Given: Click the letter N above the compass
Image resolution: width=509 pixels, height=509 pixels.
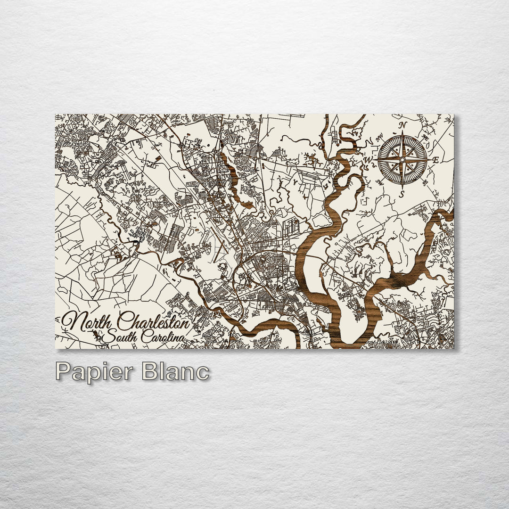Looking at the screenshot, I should pos(402,125).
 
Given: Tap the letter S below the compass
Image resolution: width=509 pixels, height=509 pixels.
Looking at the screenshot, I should pos(402,193).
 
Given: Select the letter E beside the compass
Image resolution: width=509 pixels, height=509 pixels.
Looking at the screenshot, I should pos(435,160).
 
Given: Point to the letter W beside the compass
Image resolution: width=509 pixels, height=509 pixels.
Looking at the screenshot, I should pos(369,160).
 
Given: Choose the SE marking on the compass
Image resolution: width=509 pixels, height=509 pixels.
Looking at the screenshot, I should pos(425,183).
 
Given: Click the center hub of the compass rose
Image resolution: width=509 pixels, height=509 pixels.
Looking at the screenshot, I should pos(402,159).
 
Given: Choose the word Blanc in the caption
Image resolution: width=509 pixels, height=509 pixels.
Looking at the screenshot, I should pos(175,371).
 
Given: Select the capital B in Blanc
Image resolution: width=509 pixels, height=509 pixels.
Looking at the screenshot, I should pos(149,371).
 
